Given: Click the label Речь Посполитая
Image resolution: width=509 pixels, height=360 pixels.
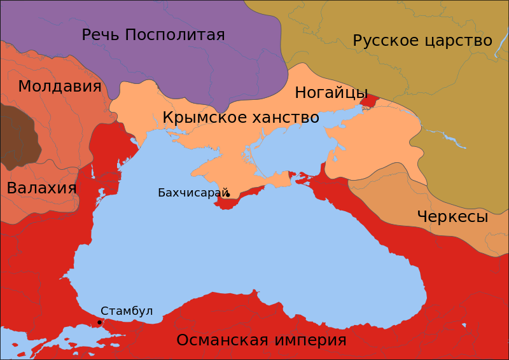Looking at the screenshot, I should click(x=153, y=35).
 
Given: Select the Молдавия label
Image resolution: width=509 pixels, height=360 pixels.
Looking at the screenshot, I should click(x=60, y=87).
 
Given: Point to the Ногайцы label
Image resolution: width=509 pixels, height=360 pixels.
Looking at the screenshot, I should click(x=331, y=93).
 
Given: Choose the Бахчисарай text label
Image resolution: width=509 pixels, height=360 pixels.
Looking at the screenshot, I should click(x=193, y=193).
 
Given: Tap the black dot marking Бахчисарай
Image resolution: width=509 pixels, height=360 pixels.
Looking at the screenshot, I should click(x=228, y=195).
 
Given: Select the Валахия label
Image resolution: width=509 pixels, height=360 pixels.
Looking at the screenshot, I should click(x=41, y=188).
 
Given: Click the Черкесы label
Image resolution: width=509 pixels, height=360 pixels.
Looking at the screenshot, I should click(x=452, y=217).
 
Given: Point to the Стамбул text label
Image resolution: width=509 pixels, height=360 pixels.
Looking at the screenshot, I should click(x=127, y=311).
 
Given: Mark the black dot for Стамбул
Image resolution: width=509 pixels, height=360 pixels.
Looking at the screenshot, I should click(x=99, y=322).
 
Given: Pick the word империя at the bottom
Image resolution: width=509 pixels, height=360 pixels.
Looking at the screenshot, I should click(x=307, y=340).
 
